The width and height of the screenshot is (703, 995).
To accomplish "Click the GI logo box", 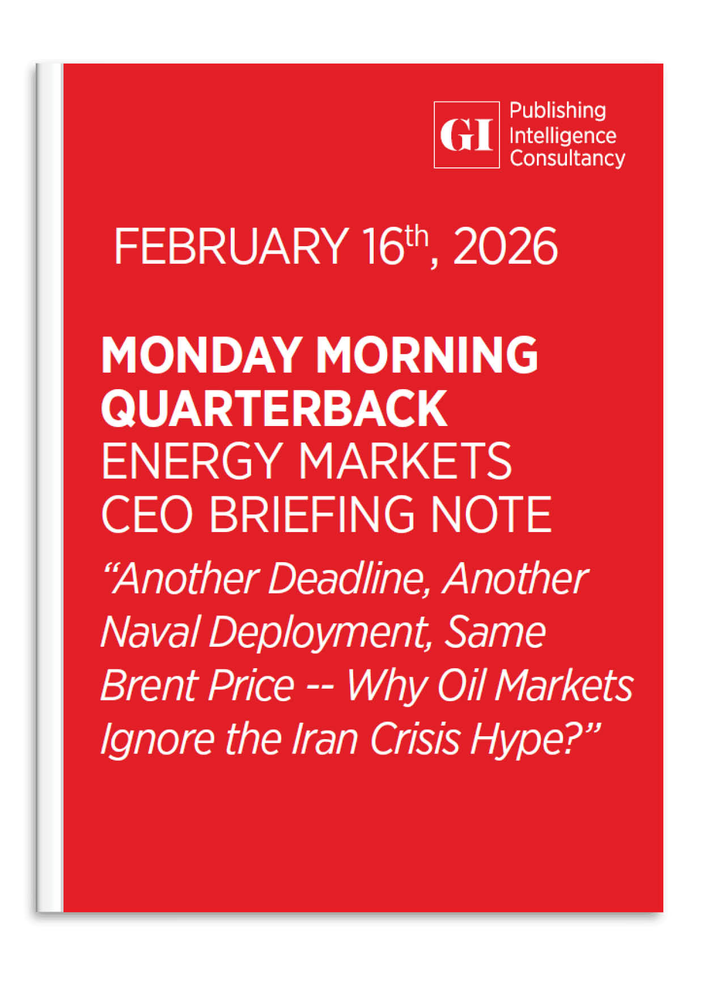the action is pos(467,134).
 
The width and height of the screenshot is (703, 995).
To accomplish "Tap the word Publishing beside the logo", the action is pos(558,111).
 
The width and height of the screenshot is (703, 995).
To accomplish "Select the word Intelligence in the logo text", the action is pos(563,136).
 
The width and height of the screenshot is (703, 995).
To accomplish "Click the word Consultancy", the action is pos(568,158).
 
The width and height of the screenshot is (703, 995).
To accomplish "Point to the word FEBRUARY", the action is pos(231,246).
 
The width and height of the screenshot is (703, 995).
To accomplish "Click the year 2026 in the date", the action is pos(505,246).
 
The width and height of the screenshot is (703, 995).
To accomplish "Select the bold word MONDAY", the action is pos(201,355).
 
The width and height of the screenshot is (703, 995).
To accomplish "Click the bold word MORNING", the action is pos(427,355).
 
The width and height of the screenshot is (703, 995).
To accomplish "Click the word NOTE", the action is pos(490,514).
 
